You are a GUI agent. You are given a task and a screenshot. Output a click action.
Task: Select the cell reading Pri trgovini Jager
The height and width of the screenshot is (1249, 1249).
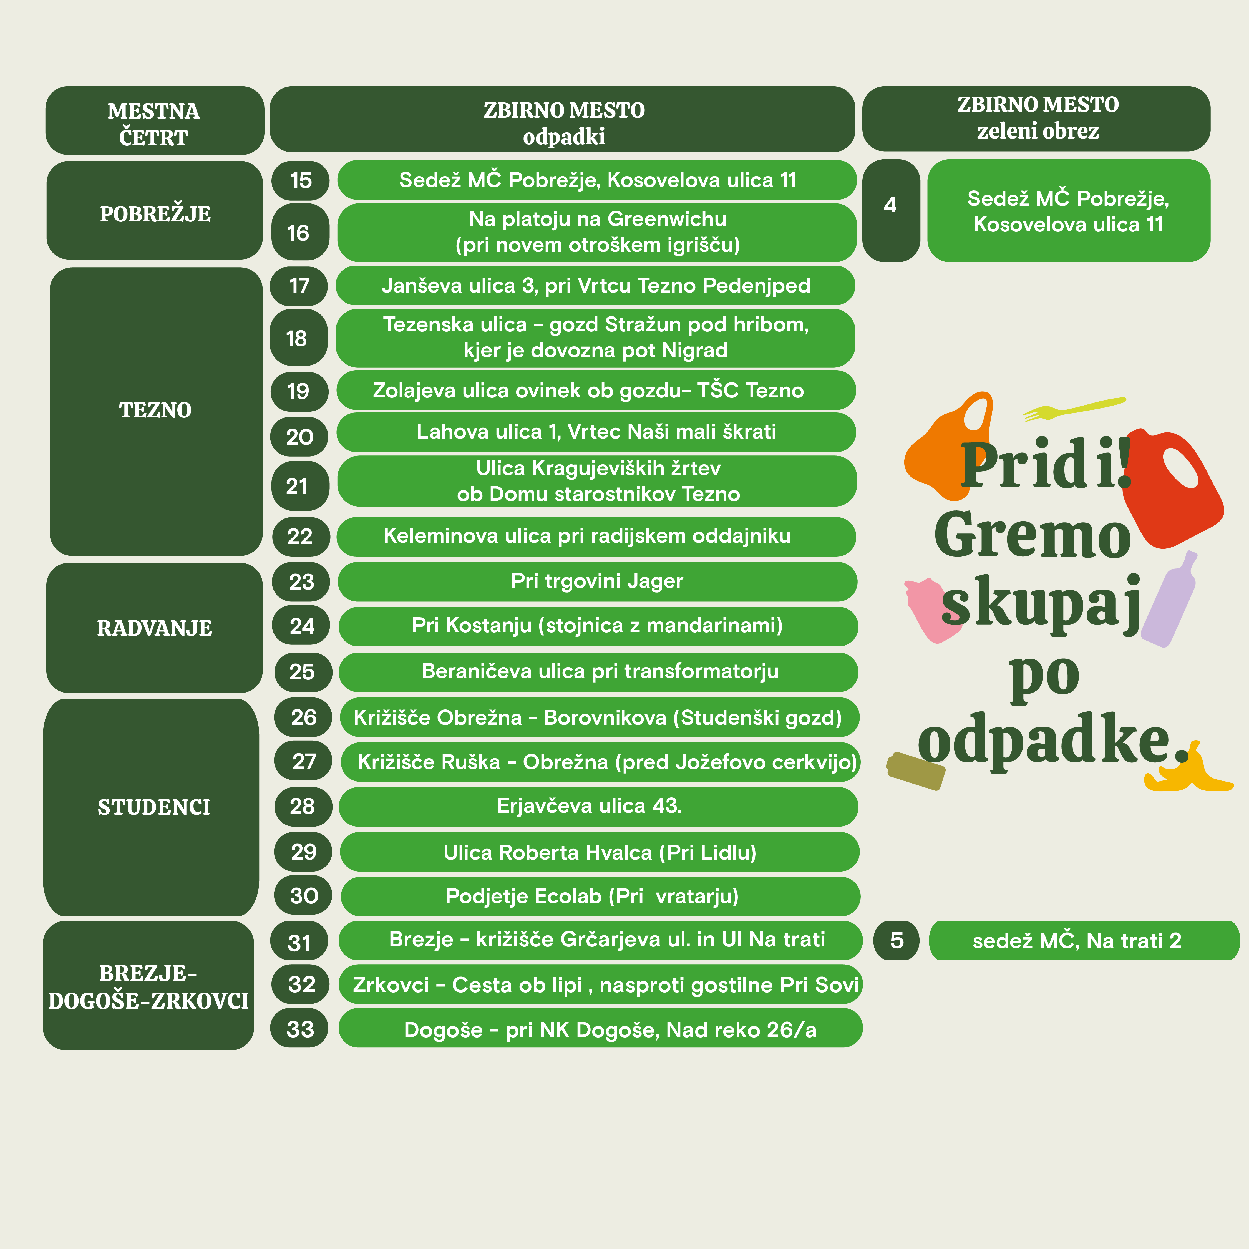point(597,581)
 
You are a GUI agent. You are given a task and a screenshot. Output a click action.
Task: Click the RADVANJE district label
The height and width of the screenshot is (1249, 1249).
point(155,628)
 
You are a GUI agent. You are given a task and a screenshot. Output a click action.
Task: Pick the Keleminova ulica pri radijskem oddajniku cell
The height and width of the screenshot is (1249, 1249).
point(596,536)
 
